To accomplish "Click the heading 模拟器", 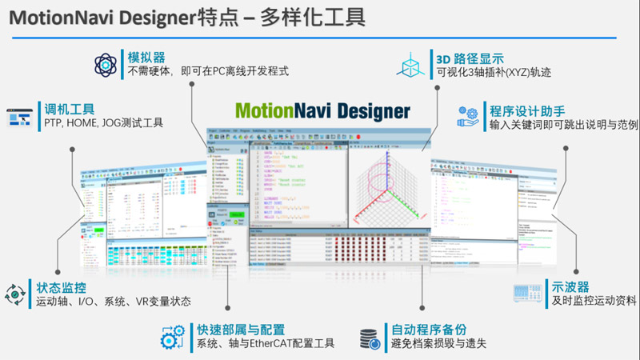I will (146, 58).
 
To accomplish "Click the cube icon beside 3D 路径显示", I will (413, 64).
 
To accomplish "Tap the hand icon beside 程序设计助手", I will (468, 117).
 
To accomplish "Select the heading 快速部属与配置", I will (241, 330).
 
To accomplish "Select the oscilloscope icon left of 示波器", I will (527, 294).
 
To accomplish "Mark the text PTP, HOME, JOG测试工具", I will (100, 123).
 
